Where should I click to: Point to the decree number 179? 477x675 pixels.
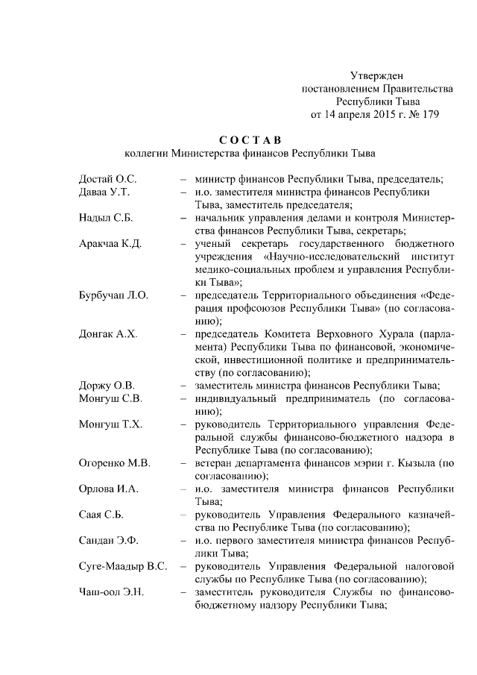430,115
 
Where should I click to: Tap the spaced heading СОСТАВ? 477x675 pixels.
250,140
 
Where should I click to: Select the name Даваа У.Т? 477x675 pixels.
104,192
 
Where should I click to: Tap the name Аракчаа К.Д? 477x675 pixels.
110,244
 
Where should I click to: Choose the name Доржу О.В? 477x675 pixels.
107,386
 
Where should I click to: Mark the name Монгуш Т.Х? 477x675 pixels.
110,424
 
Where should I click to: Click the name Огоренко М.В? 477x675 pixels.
115,463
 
